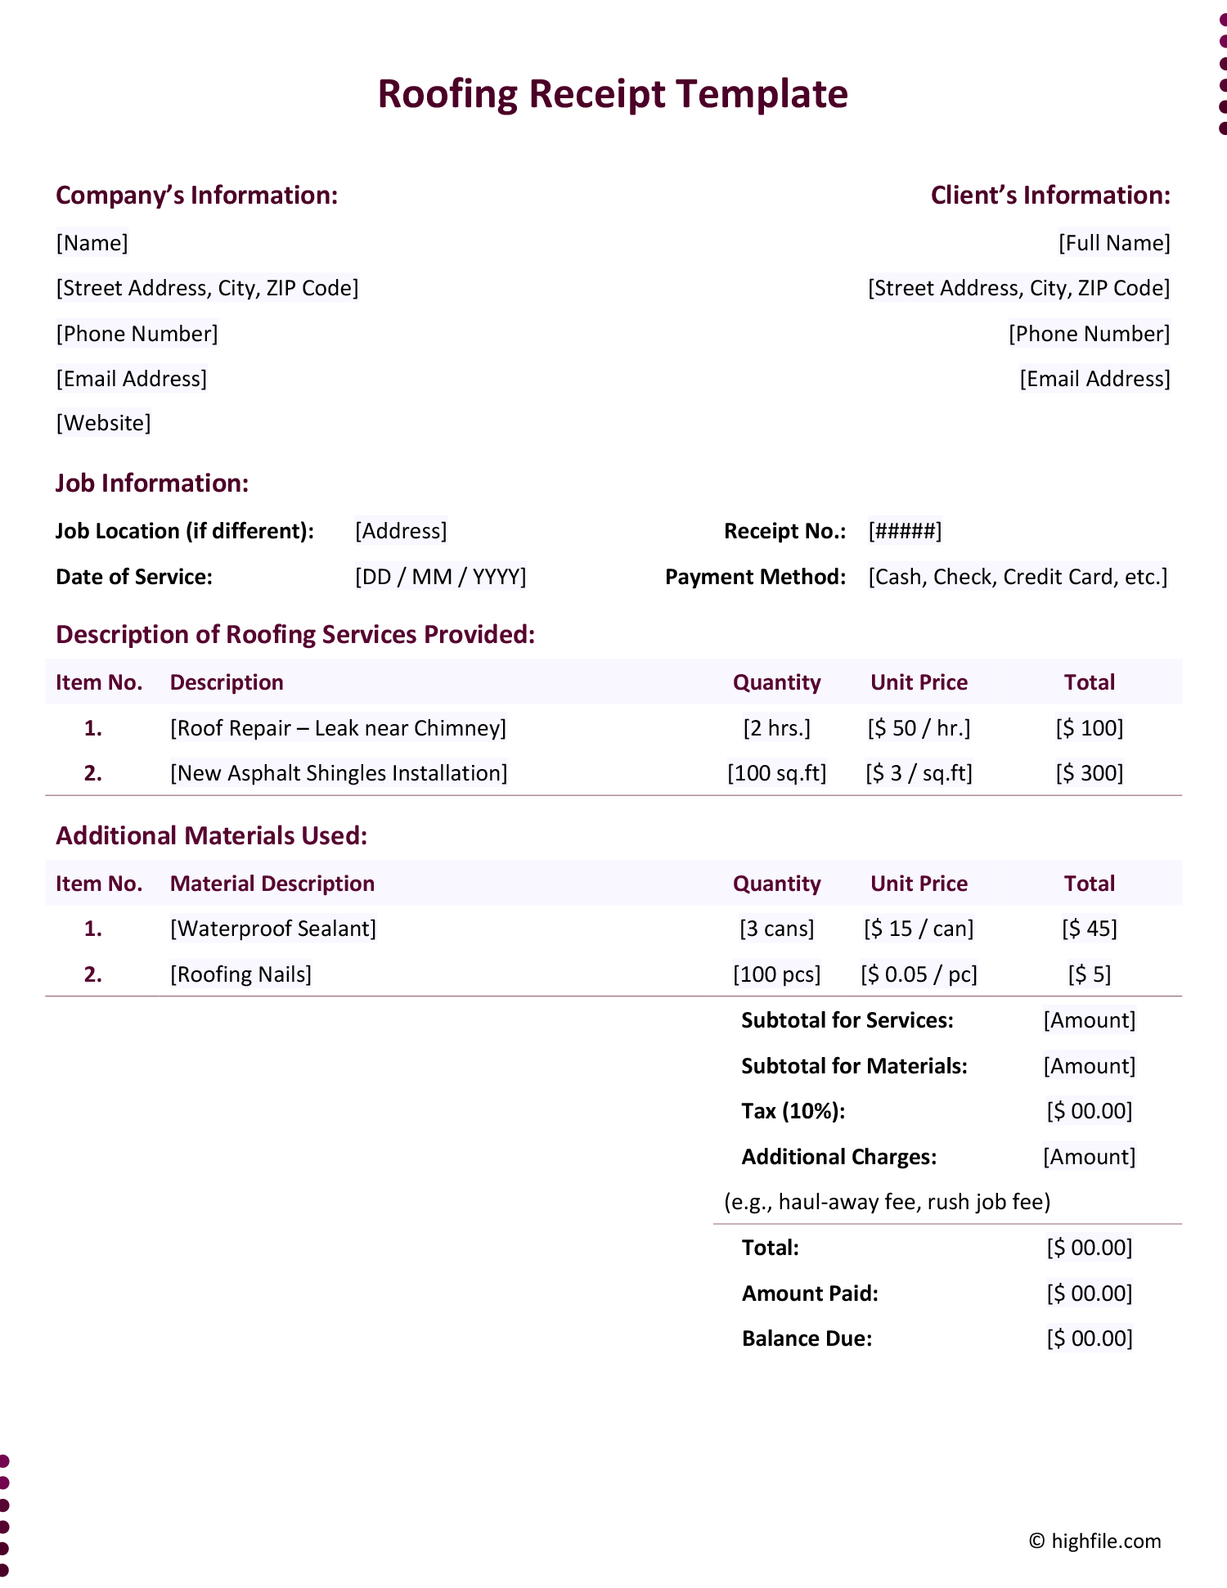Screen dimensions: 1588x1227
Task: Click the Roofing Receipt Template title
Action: tap(613, 94)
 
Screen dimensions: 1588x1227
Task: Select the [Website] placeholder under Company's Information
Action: tap(103, 423)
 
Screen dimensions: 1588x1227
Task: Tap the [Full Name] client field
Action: tap(1114, 243)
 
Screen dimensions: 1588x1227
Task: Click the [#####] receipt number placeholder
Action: tap(905, 531)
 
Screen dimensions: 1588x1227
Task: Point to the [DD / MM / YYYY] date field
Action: tap(440, 577)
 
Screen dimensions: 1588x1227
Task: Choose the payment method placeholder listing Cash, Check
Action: tap(1018, 577)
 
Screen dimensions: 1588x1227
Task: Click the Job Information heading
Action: tap(152, 484)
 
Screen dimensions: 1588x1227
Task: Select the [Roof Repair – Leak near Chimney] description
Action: tap(338, 728)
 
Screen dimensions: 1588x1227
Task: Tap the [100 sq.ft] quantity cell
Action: tap(776, 773)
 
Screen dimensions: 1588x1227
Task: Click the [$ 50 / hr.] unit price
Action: tap(919, 728)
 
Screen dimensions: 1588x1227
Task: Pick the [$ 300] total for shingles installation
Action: tap(1090, 773)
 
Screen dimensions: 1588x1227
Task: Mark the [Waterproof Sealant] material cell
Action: tap(273, 929)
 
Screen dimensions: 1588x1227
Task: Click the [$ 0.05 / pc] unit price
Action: tap(919, 974)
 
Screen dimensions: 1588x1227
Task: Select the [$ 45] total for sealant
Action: tap(1090, 929)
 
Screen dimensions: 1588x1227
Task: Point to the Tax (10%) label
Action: tap(793, 1111)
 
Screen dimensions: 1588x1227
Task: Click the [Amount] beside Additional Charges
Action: tap(1090, 1157)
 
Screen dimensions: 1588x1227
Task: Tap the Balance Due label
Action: tap(807, 1338)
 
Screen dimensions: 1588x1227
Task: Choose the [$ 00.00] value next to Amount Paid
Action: tap(1090, 1293)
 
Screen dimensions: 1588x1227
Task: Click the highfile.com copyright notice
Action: tap(1094, 1541)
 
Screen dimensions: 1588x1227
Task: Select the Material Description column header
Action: tap(272, 884)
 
